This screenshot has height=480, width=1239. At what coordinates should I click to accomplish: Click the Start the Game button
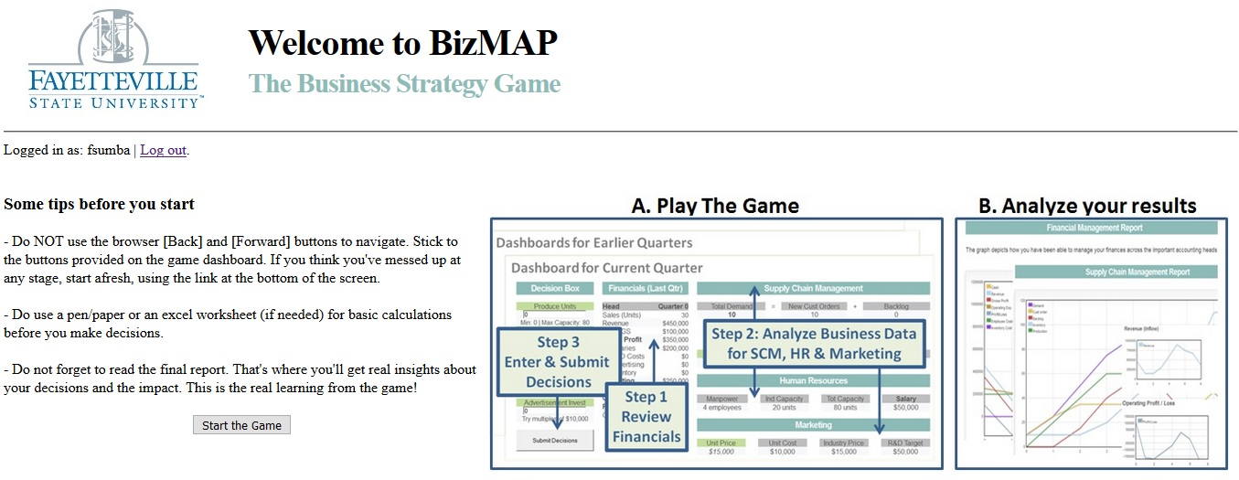pyautogui.click(x=241, y=425)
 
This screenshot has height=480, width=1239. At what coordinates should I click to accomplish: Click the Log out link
pyautogui.click(x=163, y=150)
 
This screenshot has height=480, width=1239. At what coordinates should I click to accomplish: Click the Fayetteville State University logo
pyautogui.click(x=114, y=59)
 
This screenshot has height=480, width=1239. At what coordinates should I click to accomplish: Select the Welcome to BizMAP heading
pyautogui.click(x=402, y=43)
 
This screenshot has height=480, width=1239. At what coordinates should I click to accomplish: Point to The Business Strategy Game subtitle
pyautogui.click(x=404, y=84)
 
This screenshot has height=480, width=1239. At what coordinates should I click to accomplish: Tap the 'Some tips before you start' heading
pyautogui.click(x=99, y=204)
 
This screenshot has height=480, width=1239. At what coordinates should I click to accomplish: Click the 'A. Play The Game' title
pyautogui.click(x=715, y=206)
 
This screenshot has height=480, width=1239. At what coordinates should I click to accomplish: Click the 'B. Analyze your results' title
pyautogui.click(x=1087, y=206)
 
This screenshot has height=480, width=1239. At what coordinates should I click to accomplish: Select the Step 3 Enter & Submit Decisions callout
pyautogui.click(x=557, y=362)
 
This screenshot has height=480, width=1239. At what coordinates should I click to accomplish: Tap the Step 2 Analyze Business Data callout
pyautogui.click(x=814, y=344)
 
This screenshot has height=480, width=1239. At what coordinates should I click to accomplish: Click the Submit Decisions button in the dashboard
pyautogui.click(x=554, y=441)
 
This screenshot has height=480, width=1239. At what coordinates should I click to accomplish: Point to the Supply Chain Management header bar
pyautogui.click(x=813, y=289)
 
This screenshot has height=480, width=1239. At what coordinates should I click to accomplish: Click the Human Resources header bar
pyautogui.click(x=813, y=380)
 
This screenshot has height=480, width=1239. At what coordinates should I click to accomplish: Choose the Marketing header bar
pyautogui.click(x=813, y=425)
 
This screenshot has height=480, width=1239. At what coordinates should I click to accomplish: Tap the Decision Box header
pyautogui.click(x=554, y=289)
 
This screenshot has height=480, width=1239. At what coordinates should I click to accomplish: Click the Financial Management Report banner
pyautogui.click(x=1086, y=228)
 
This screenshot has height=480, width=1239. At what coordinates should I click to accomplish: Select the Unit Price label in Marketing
pyautogui.click(x=721, y=443)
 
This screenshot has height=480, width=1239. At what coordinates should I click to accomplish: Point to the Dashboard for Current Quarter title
pyautogui.click(x=606, y=268)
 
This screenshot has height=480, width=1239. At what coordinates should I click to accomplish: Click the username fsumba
pyautogui.click(x=109, y=150)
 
